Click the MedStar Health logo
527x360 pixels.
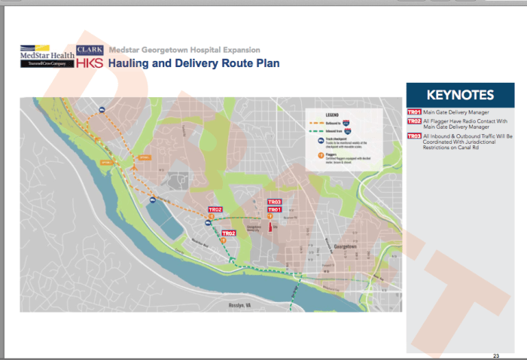click(47, 56)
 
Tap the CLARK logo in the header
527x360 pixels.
click(90, 49)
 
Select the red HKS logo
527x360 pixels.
click(90, 63)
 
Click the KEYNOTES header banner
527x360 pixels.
click(459, 95)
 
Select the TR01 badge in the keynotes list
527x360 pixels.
click(413, 112)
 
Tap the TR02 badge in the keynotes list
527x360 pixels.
click(413, 121)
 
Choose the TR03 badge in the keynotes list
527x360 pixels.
click(413, 136)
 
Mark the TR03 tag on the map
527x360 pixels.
click(274, 202)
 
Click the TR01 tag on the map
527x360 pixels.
click(274, 209)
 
